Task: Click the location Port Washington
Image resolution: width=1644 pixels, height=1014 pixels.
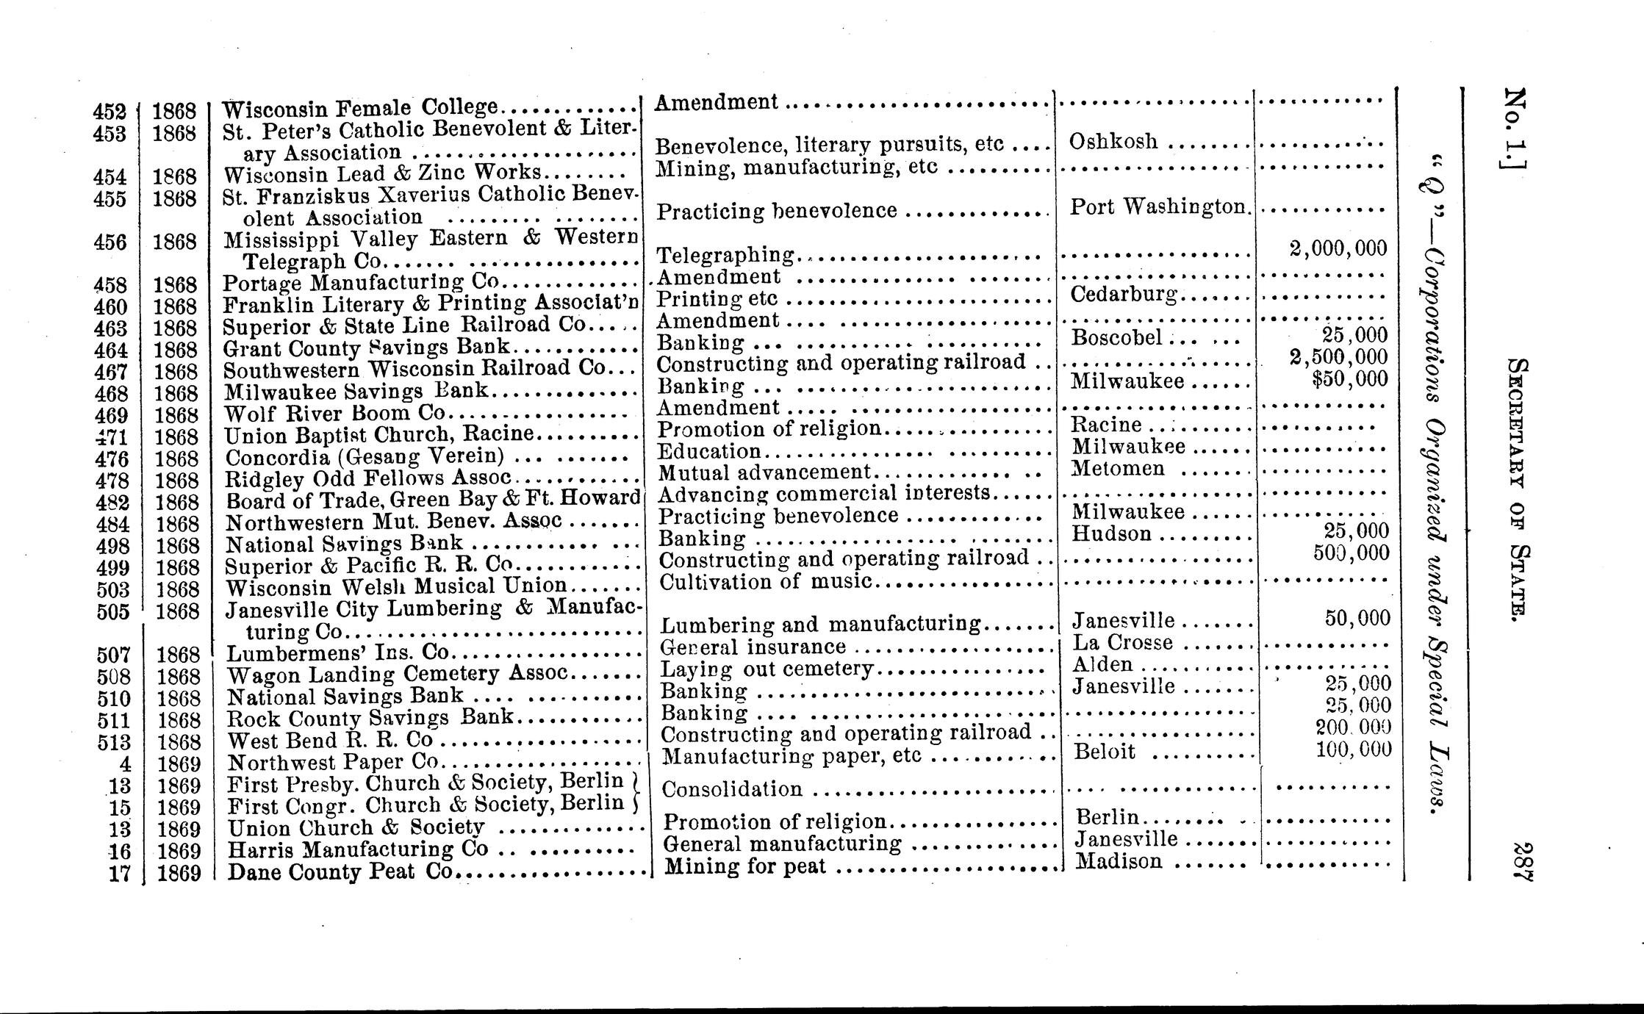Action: tap(1159, 207)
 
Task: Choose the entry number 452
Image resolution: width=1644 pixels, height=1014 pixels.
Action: tap(110, 112)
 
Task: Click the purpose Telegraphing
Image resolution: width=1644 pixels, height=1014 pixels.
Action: tap(725, 255)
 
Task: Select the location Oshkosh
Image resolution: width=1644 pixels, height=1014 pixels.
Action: tap(1113, 141)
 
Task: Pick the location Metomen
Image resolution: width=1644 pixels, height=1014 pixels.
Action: tap(1118, 468)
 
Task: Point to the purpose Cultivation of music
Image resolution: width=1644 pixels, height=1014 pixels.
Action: tap(765, 582)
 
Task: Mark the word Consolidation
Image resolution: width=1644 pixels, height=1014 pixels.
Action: tap(732, 789)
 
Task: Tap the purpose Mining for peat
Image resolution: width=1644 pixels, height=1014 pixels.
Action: tap(745, 867)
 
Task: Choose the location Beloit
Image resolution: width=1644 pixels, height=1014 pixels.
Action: tap(1105, 752)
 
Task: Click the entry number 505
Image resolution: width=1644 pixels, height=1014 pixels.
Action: tap(113, 611)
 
